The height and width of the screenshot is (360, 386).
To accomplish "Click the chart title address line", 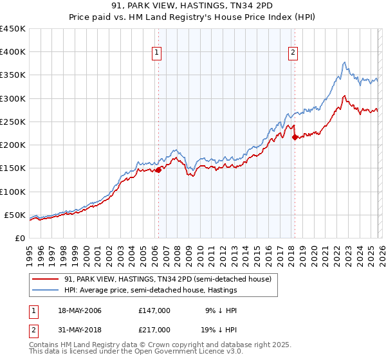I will pos(193,6).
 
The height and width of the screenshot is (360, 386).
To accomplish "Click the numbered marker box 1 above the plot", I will pos(158,53).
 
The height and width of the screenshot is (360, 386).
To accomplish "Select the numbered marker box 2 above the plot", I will pos(293,53).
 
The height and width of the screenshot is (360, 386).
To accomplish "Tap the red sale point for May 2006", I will pos(158,170).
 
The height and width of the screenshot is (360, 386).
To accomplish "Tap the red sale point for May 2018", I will pos(295,137).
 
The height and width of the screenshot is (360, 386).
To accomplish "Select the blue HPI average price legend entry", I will pos(151,291).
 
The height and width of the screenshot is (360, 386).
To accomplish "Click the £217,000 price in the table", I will pos(154,330).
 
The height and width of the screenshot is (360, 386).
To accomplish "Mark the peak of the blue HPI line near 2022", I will pos(345,62).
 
